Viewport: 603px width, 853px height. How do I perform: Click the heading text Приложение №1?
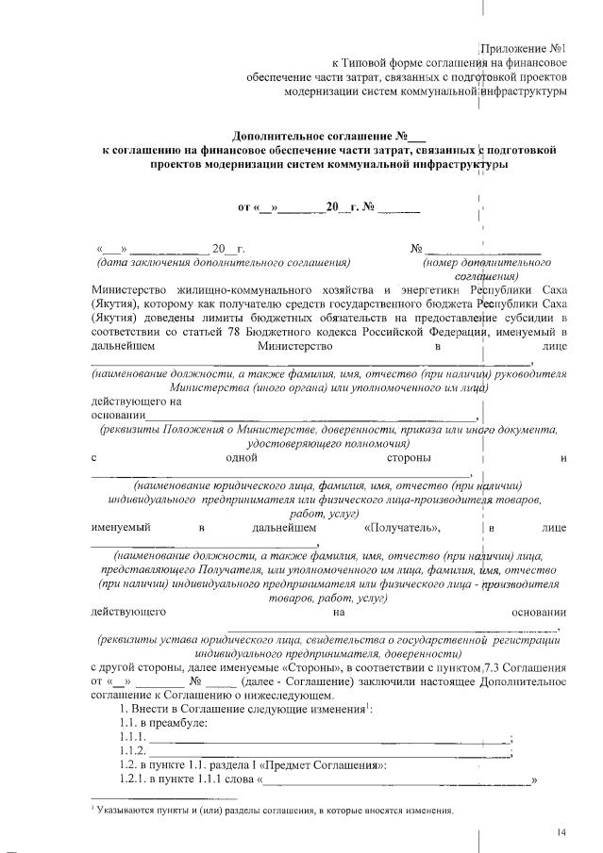523,46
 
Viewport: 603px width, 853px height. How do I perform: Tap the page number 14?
561,830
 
